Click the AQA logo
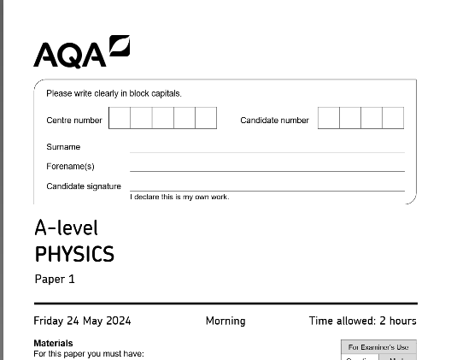82,52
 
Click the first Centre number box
120,118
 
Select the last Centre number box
206,118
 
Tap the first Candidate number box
329,118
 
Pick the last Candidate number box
393,118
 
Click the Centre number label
74,121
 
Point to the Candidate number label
274,121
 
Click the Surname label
63,147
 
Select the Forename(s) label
70,166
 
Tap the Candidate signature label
84,186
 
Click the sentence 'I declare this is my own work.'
179,198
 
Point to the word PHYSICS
74,254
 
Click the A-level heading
67,228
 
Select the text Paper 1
56,279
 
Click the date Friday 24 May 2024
82,322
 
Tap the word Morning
225,322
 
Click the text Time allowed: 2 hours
363,322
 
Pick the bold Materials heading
53,344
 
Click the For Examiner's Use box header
378,347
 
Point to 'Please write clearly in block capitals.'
114,93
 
